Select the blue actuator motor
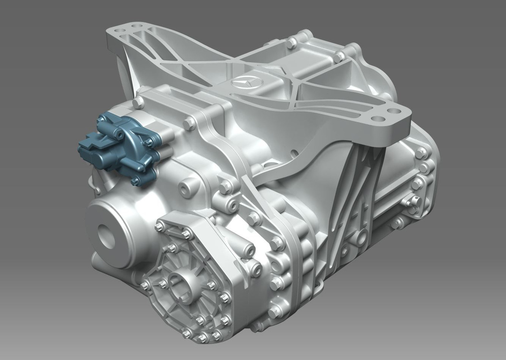119,146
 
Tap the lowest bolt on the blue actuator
136,181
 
